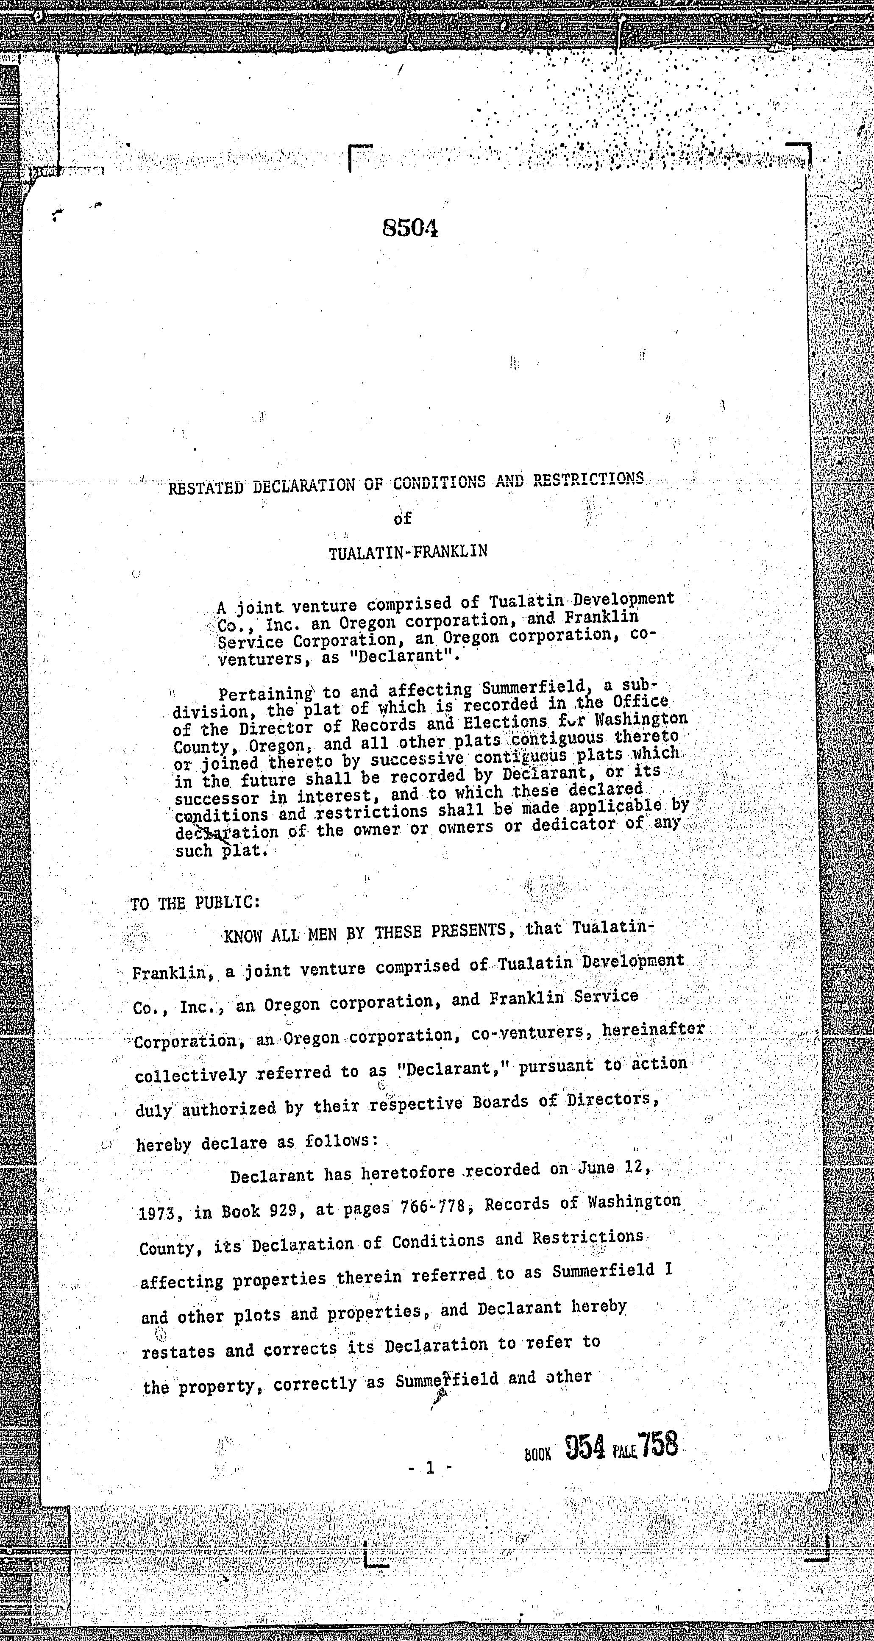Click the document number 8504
click(410, 228)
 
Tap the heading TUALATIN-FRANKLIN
click(408, 552)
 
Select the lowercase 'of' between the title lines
click(403, 519)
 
